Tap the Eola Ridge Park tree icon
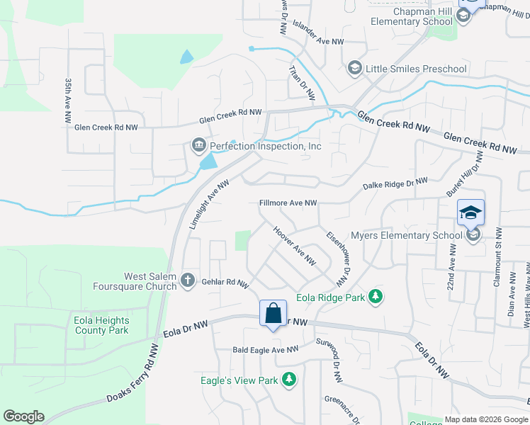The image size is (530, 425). point(378,297)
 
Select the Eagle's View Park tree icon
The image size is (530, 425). point(288,380)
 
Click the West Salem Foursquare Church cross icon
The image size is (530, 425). point(188,280)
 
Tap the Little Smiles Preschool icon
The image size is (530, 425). point(354,69)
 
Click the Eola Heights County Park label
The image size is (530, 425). point(101,325)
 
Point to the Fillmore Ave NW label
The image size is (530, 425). point(288,203)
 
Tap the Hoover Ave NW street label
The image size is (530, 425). point(294,246)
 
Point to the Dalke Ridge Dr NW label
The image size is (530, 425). point(395,184)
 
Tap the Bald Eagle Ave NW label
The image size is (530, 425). point(266,350)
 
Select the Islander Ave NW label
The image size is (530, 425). point(317,42)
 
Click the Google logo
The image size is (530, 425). point(23,416)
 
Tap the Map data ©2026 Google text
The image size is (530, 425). point(485,419)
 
